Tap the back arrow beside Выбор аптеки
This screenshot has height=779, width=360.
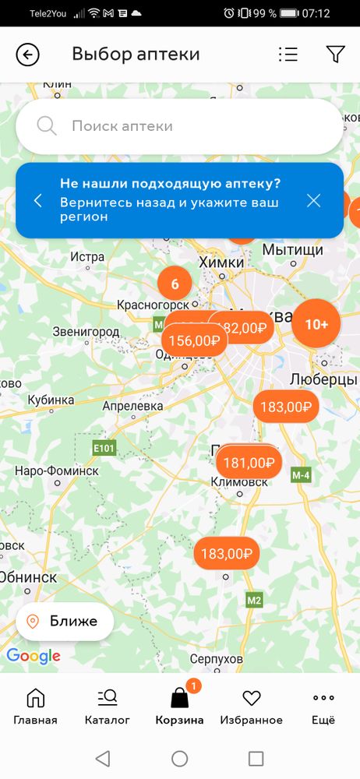click(x=27, y=55)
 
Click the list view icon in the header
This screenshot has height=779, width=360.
click(x=288, y=55)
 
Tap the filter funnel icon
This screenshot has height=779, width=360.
click(x=335, y=55)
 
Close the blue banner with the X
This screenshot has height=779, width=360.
click(x=313, y=200)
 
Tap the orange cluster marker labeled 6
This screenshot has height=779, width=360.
click(x=175, y=284)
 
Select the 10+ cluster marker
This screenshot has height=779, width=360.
click(x=316, y=324)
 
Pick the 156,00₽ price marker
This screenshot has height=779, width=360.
click(x=194, y=340)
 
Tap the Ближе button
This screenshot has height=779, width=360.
click(x=65, y=621)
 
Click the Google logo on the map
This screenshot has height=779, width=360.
click(x=34, y=656)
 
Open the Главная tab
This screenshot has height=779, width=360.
click(x=35, y=706)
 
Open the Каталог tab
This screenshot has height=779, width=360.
click(x=108, y=706)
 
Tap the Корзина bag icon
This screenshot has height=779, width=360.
click(x=179, y=698)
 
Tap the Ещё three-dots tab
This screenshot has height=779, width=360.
click(x=323, y=706)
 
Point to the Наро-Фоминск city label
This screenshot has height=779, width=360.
click(x=57, y=471)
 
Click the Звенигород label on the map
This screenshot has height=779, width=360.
click(x=86, y=332)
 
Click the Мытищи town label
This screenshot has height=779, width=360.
click(x=292, y=250)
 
